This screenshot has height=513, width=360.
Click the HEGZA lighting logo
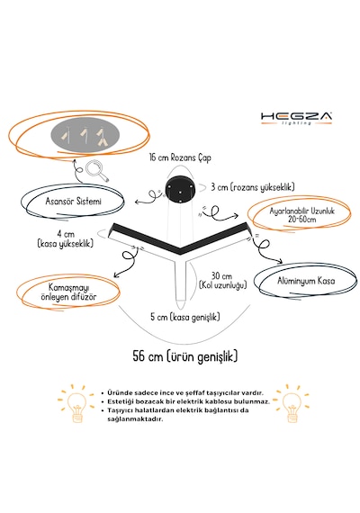(296, 118)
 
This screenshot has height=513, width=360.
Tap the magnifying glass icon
(97, 171)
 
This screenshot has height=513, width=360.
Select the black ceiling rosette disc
(180, 189)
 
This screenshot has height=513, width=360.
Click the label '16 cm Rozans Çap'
(180, 157)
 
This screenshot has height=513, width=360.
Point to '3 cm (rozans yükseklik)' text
(253, 187)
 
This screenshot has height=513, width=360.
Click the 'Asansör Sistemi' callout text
(73, 201)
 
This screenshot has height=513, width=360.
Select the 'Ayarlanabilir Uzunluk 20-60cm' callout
(301, 215)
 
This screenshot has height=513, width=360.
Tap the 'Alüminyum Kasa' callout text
(306, 281)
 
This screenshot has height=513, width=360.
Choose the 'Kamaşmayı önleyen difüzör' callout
(68, 292)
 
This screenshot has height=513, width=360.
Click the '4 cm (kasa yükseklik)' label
(66, 238)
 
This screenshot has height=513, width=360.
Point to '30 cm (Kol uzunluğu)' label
(222, 281)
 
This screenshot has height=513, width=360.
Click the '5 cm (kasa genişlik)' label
(185, 317)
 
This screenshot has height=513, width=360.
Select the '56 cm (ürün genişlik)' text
(184, 356)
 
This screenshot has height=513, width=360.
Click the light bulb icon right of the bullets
(292, 403)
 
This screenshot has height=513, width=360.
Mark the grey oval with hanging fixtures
(85, 134)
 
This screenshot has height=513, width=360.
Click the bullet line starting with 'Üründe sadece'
(185, 393)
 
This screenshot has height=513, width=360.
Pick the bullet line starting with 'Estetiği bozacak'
(188, 401)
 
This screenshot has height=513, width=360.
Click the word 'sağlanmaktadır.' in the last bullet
(135, 418)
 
